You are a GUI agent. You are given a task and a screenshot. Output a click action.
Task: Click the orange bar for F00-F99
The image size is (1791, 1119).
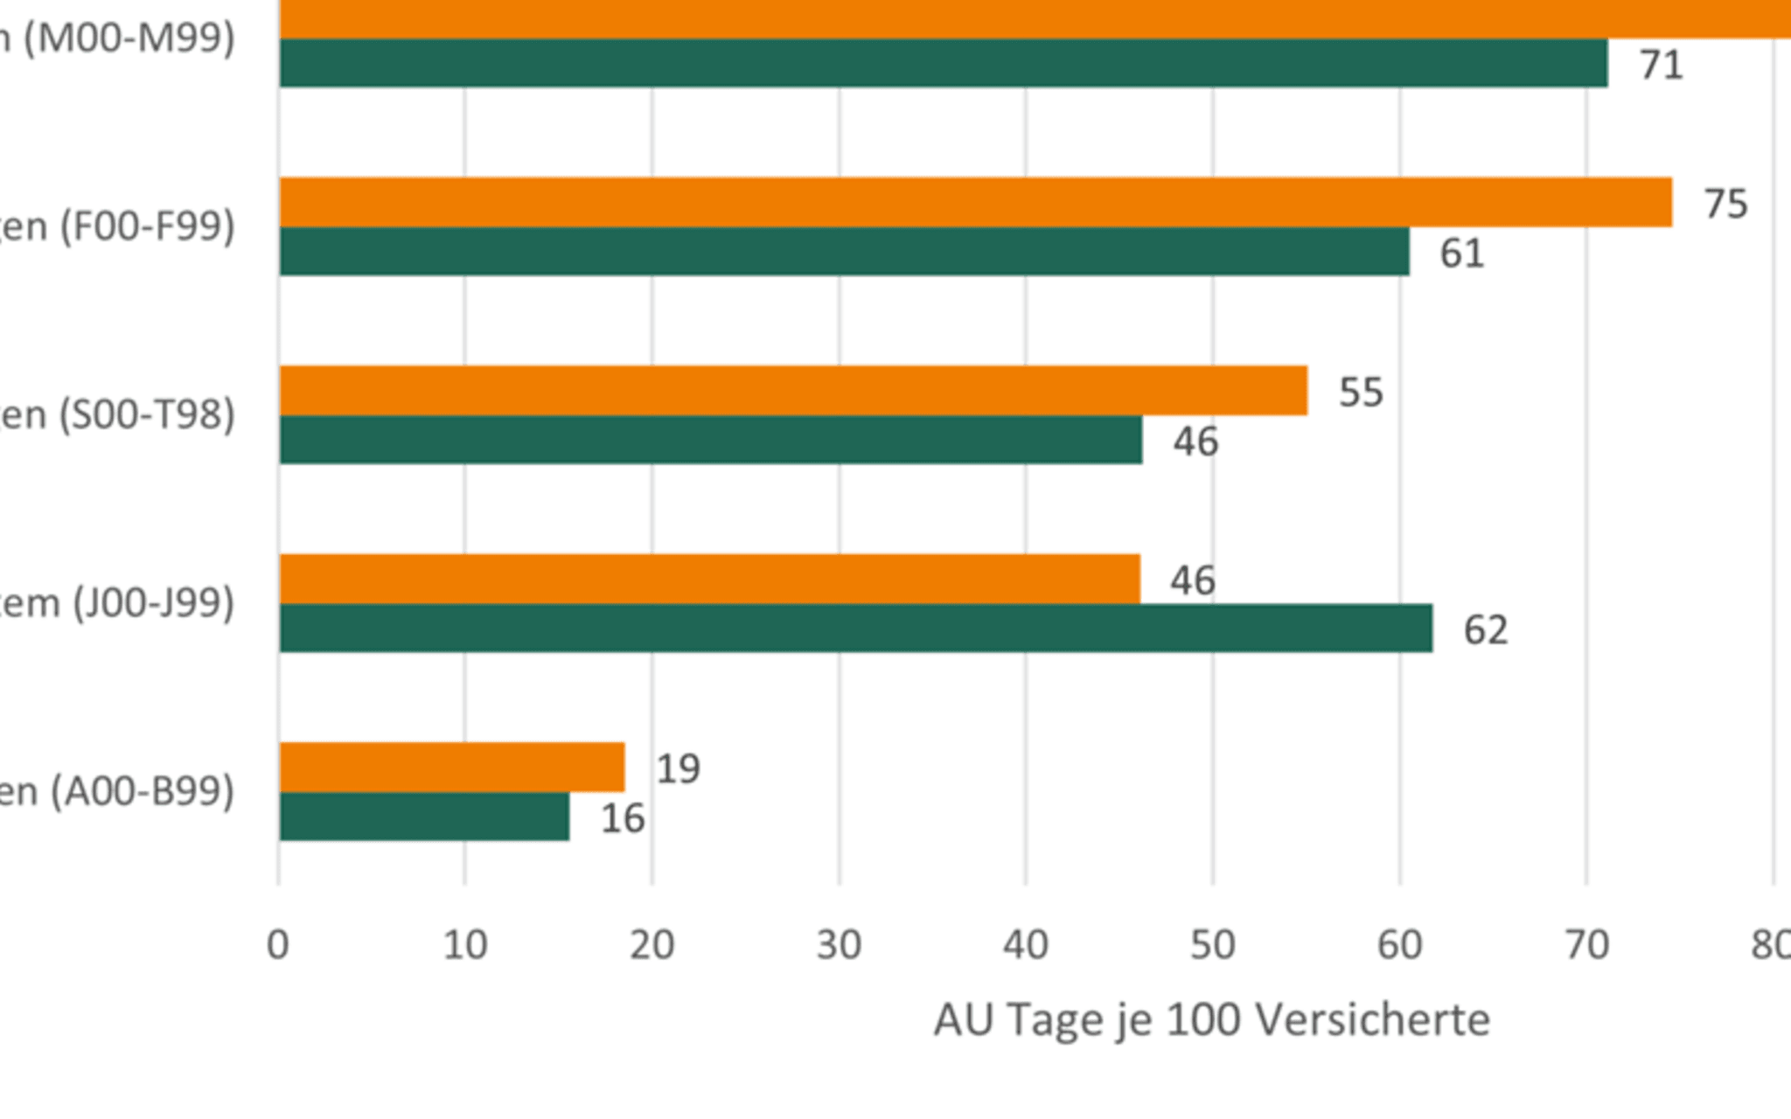(975, 202)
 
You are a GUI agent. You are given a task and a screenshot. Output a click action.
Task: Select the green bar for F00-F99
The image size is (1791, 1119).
(844, 252)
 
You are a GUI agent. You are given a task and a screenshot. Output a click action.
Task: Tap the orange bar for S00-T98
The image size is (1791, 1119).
(793, 390)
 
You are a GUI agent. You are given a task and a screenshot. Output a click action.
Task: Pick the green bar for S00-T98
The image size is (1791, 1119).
(710, 440)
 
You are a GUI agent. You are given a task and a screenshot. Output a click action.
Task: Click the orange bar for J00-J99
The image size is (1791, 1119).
(709, 579)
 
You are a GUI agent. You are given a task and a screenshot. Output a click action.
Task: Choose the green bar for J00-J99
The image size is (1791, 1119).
(855, 628)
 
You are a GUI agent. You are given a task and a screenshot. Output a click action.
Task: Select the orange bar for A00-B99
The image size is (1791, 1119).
(451, 767)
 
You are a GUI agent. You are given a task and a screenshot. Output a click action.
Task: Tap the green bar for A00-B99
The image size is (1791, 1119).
(424, 817)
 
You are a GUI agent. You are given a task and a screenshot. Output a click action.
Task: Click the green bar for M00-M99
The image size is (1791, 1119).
(943, 63)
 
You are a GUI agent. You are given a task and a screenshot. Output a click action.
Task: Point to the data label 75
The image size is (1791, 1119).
(1725, 204)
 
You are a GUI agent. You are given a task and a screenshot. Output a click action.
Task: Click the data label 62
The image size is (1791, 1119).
(1485, 629)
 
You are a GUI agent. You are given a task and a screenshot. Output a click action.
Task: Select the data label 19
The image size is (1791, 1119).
(678, 768)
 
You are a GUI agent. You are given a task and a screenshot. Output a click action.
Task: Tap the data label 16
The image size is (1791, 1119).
(623, 818)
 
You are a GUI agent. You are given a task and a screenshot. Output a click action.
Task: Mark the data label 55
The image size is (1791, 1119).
(1361, 392)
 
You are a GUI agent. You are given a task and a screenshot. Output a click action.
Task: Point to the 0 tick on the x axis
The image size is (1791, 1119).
(278, 945)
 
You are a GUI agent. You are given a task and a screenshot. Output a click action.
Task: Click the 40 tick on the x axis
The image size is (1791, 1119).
(1025, 945)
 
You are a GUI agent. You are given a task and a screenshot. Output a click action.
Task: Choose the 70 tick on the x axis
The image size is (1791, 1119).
(1586, 945)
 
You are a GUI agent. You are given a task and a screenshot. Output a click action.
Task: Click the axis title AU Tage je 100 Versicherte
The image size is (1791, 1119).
(1211, 1019)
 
